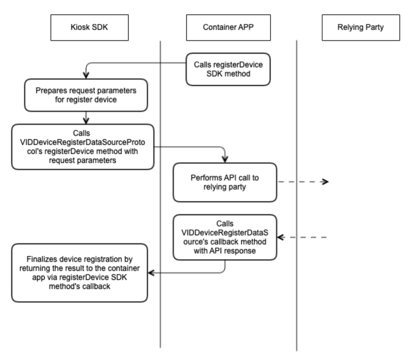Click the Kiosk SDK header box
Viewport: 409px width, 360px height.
tap(90, 27)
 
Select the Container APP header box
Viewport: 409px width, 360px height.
tap(228, 27)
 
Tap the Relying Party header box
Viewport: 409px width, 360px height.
tap(361, 27)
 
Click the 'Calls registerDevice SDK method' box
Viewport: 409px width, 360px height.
tap(228, 69)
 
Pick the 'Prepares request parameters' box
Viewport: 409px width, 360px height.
tap(86, 95)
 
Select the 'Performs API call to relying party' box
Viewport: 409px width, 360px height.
tap(225, 182)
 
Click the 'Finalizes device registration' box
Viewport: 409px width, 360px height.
tap(80, 273)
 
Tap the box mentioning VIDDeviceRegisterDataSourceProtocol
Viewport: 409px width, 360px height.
tap(83, 147)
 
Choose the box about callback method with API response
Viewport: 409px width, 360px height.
tap(225, 237)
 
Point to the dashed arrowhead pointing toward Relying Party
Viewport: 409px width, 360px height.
tap(325, 181)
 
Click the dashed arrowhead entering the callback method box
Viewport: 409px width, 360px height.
tap(281, 237)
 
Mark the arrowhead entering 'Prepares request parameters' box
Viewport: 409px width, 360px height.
tap(86, 75)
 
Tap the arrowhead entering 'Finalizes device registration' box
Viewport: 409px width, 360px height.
tap(151, 273)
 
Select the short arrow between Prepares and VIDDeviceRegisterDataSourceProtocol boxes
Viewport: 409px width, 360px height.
tap(86, 118)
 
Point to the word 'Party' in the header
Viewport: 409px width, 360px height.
tap(375, 27)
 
